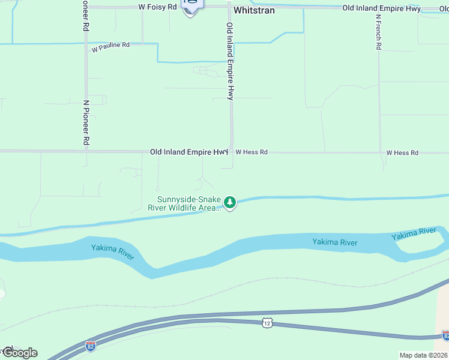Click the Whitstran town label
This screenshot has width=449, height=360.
(254, 10)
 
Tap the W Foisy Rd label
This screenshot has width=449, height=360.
(158, 7)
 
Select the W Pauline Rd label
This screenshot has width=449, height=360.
(110, 46)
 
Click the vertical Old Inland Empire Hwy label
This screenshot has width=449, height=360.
(229, 61)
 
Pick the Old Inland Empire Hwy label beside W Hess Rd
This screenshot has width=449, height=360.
(188, 152)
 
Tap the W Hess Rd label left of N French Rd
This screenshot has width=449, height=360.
(252, 152)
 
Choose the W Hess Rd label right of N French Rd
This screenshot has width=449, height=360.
(402, 153)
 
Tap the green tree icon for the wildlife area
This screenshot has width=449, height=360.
(230, 203)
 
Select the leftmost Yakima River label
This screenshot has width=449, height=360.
(113, 251)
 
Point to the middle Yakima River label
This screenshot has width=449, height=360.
(335, 242)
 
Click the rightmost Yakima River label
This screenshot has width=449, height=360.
(414, 234)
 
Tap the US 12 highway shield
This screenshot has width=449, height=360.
(267, 323)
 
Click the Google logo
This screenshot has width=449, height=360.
(20, 353)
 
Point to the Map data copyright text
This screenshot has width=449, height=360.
(424, 355)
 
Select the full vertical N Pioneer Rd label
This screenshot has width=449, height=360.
(86, 122)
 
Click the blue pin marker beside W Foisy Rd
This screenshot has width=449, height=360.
(191, 6)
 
